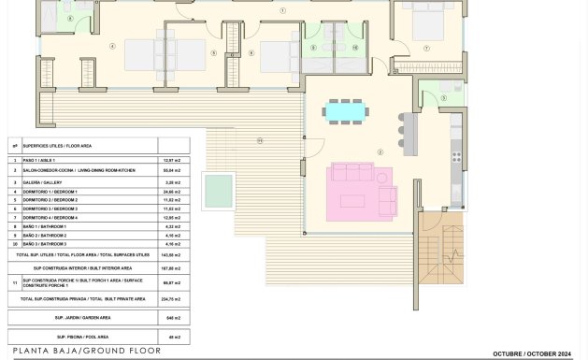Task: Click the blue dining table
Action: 346,111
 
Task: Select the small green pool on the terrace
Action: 219,190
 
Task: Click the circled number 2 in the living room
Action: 380,152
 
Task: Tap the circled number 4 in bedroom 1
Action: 113,45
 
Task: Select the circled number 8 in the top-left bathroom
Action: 69,19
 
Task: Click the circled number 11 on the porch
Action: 260,140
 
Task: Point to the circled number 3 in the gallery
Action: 444,97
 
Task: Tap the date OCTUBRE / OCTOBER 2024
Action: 532,353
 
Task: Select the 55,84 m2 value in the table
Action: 172,171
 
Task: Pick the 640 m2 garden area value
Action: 172,318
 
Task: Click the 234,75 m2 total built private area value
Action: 172,299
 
